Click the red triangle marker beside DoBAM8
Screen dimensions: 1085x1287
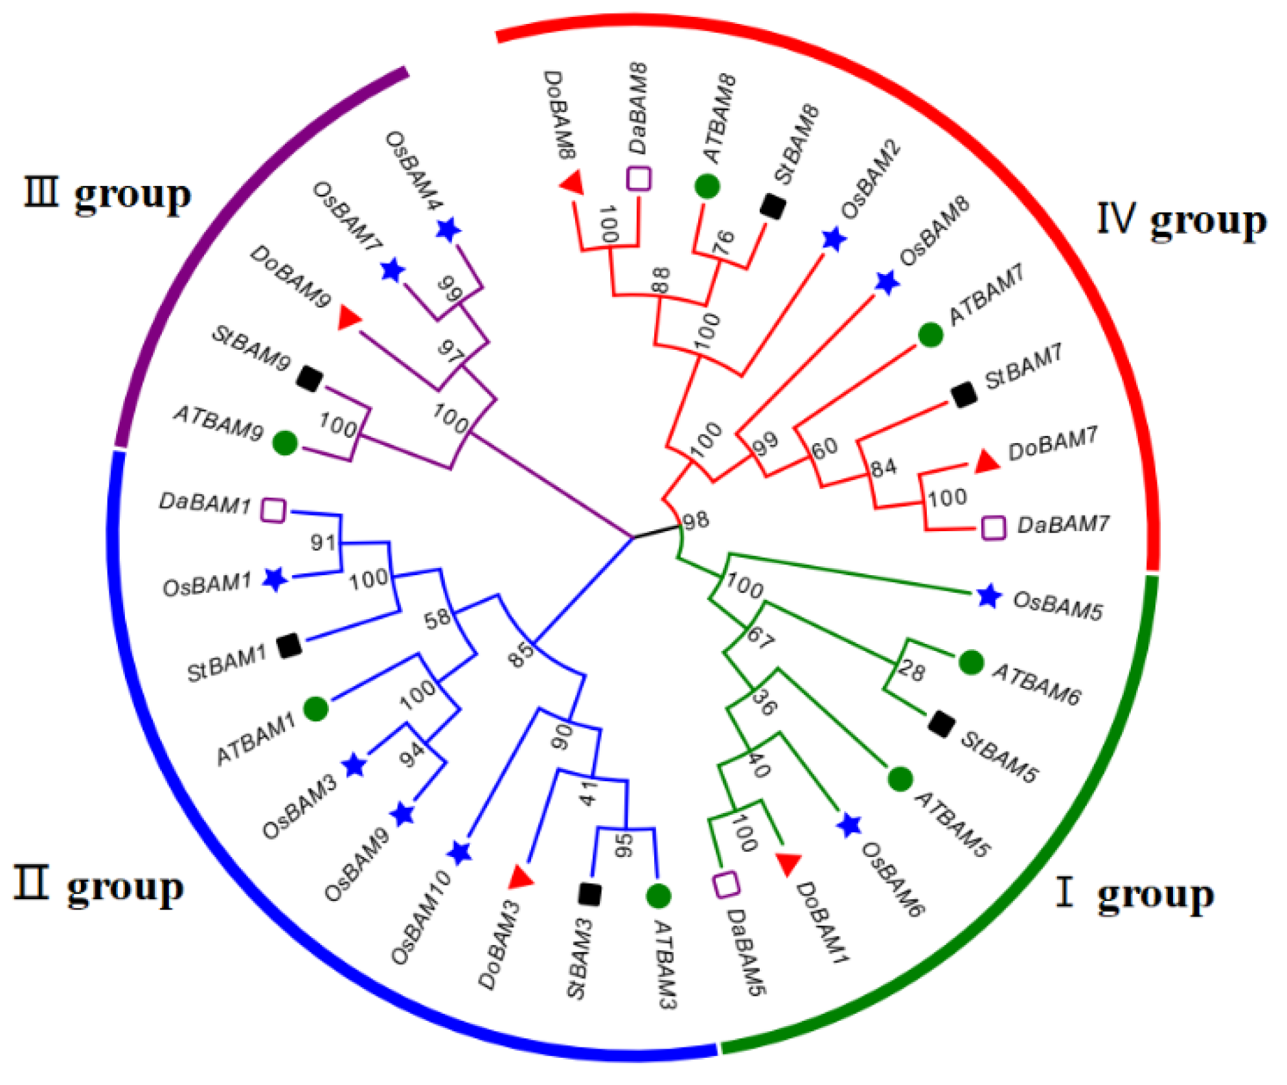click(x=573, y=183)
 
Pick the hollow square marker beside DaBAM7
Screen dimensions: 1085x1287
click(x=994, y=528)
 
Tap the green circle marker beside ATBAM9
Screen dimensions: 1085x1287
click(x=285, y=442)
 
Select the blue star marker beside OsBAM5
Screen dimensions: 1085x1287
click(x=988, y=596)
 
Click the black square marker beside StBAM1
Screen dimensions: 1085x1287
click(x=289, y=645)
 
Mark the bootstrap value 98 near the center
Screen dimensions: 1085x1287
click(x=696, y=520)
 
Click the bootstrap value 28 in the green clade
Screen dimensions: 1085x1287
click(x=911, y=672)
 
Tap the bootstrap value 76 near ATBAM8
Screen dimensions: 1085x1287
click(x=723, y=242)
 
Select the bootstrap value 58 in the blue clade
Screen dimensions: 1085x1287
click(x=437, y=618)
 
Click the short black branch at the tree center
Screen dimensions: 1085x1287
click(x=655, y=531)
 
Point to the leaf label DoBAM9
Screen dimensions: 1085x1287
click(x=291, y=276)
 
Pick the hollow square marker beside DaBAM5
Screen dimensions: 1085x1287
click(x=726, y=884)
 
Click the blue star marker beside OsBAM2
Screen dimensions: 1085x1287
click(x=834, y=240)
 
